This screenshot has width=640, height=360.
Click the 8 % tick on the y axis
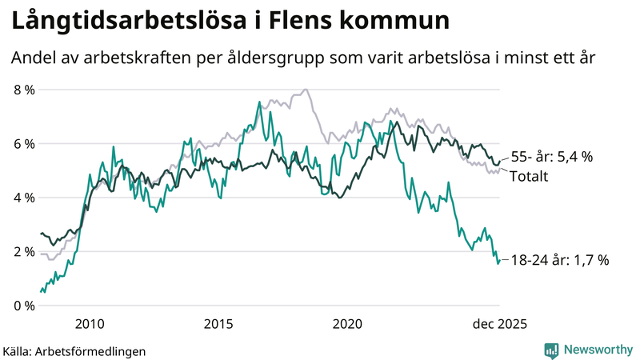click(24, 90)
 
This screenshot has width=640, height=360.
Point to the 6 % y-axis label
click(24, 144)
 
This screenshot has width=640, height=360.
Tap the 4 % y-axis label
click(24, 198)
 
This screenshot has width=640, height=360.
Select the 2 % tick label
click(24, 252)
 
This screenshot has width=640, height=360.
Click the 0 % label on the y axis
click(24, 306)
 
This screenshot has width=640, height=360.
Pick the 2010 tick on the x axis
click(90, 324)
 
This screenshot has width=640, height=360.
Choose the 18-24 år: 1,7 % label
click(561, 259)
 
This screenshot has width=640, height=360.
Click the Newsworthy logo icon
click(551, 350)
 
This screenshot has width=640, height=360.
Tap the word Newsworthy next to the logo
click(597, 350)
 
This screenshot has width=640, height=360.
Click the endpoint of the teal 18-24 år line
click(499, 260)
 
